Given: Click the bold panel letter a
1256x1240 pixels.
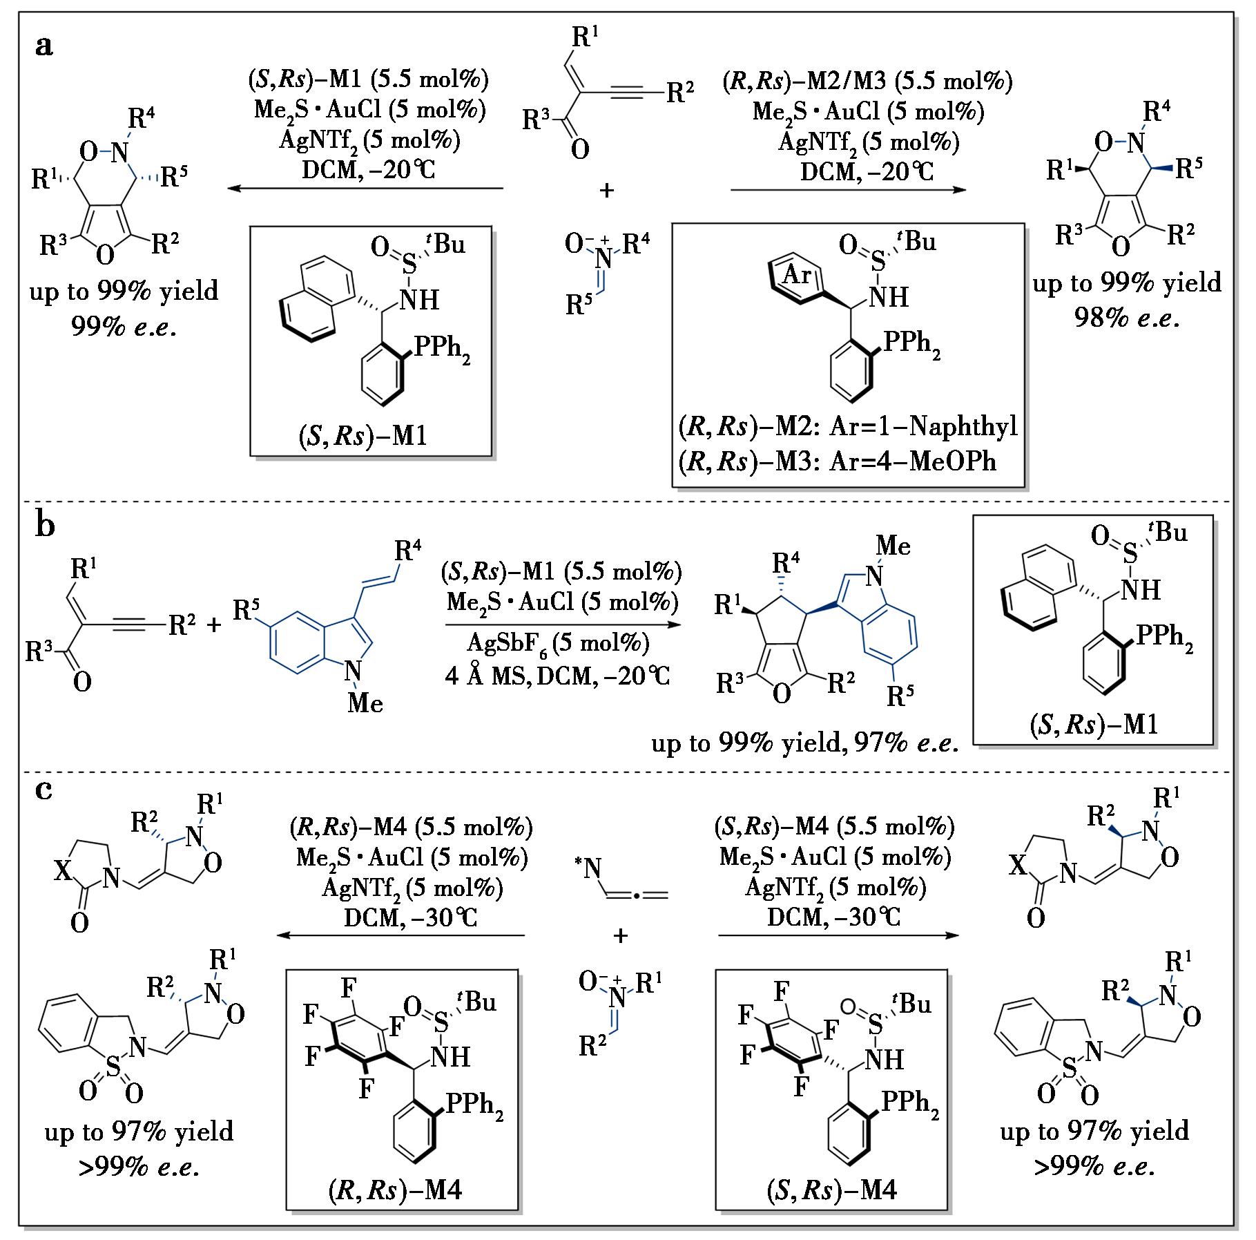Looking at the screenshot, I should point(44,46).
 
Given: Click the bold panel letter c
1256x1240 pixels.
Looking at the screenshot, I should point(44,790).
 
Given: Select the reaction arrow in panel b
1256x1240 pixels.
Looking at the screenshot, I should point(560,624).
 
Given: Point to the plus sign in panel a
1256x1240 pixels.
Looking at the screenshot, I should point(606,190).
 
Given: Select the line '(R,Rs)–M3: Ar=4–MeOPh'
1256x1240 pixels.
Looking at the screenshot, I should point(838,461).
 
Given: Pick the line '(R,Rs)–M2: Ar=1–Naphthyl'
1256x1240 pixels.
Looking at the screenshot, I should point(849,427).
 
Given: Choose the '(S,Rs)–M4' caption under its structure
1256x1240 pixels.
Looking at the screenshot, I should point(831,1190).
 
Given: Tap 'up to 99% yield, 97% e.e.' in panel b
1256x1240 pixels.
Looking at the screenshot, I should point(805,743).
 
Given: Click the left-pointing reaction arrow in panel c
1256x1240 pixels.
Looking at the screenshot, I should point(400,935).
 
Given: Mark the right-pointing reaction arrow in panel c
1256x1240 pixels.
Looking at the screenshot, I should point(838,935).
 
